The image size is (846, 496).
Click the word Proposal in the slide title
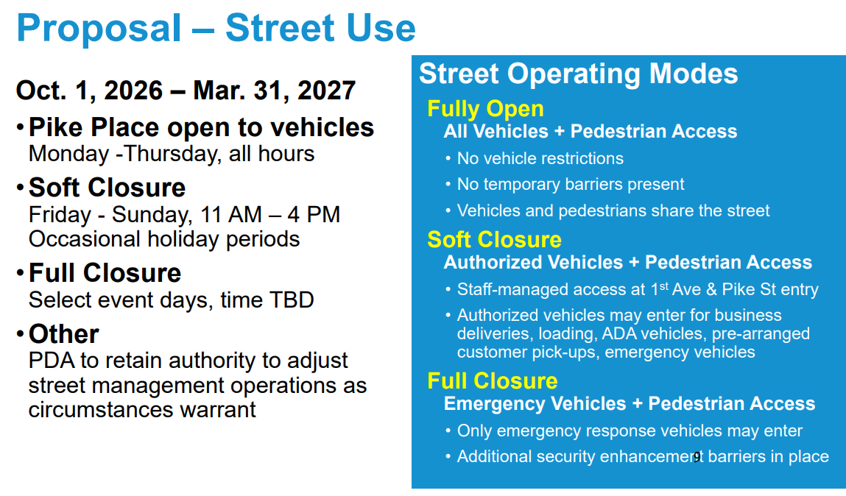(x=99, y=28)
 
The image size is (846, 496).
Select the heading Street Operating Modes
(x=579, y=74)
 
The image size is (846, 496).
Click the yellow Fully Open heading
(x=485, y=109)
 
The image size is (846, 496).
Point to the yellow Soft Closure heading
(x=494, y=239)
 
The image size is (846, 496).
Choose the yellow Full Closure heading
(x=492, y=380)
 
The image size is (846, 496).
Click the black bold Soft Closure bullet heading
(x=107, y=188)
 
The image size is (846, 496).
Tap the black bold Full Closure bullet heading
(x=105, y=273)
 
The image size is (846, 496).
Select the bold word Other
(x=63, y=333)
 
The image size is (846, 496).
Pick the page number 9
(x=697, y=457)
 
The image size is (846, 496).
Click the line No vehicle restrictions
(x=540, y=158)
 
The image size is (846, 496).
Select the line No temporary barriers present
(x=571, y=185)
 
